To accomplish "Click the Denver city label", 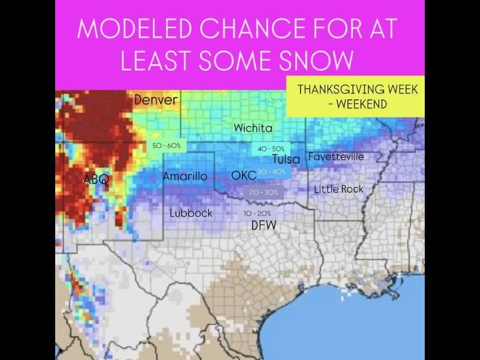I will coord(156,100).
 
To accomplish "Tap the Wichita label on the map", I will coord(253,128).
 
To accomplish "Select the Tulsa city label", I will coord(286,160).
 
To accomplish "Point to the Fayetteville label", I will coord(336,157).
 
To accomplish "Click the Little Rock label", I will coord(339,189).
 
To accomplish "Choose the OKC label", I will coord(244,176).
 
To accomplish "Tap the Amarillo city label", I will coord(185,176).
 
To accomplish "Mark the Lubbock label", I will coord(191,213).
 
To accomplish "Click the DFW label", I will coord(263,225).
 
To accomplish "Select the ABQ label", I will coord(96,179).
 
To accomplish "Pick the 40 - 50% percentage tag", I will coord(271,148).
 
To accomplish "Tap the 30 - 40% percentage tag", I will coord(271,172).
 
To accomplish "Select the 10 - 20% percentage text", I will coord(257,214).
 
